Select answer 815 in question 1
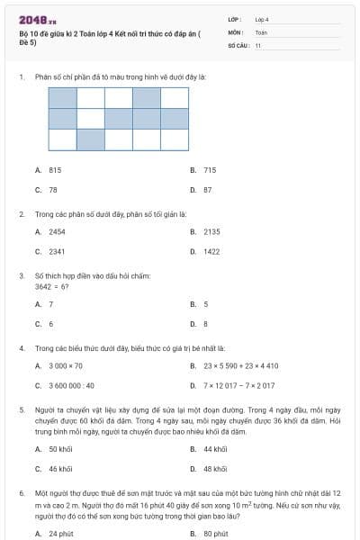[55, 169]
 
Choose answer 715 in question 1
[210, 169]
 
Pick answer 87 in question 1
[207, 190]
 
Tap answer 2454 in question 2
[57, 231]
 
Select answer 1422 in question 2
[211, 252]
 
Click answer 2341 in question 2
[57, 252]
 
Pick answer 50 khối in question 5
[60, 448]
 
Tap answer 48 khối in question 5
[215, 469]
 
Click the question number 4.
[21, 347]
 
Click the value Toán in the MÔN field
[261, 31]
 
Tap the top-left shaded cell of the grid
[62, 97]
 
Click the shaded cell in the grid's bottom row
[90, 139]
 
